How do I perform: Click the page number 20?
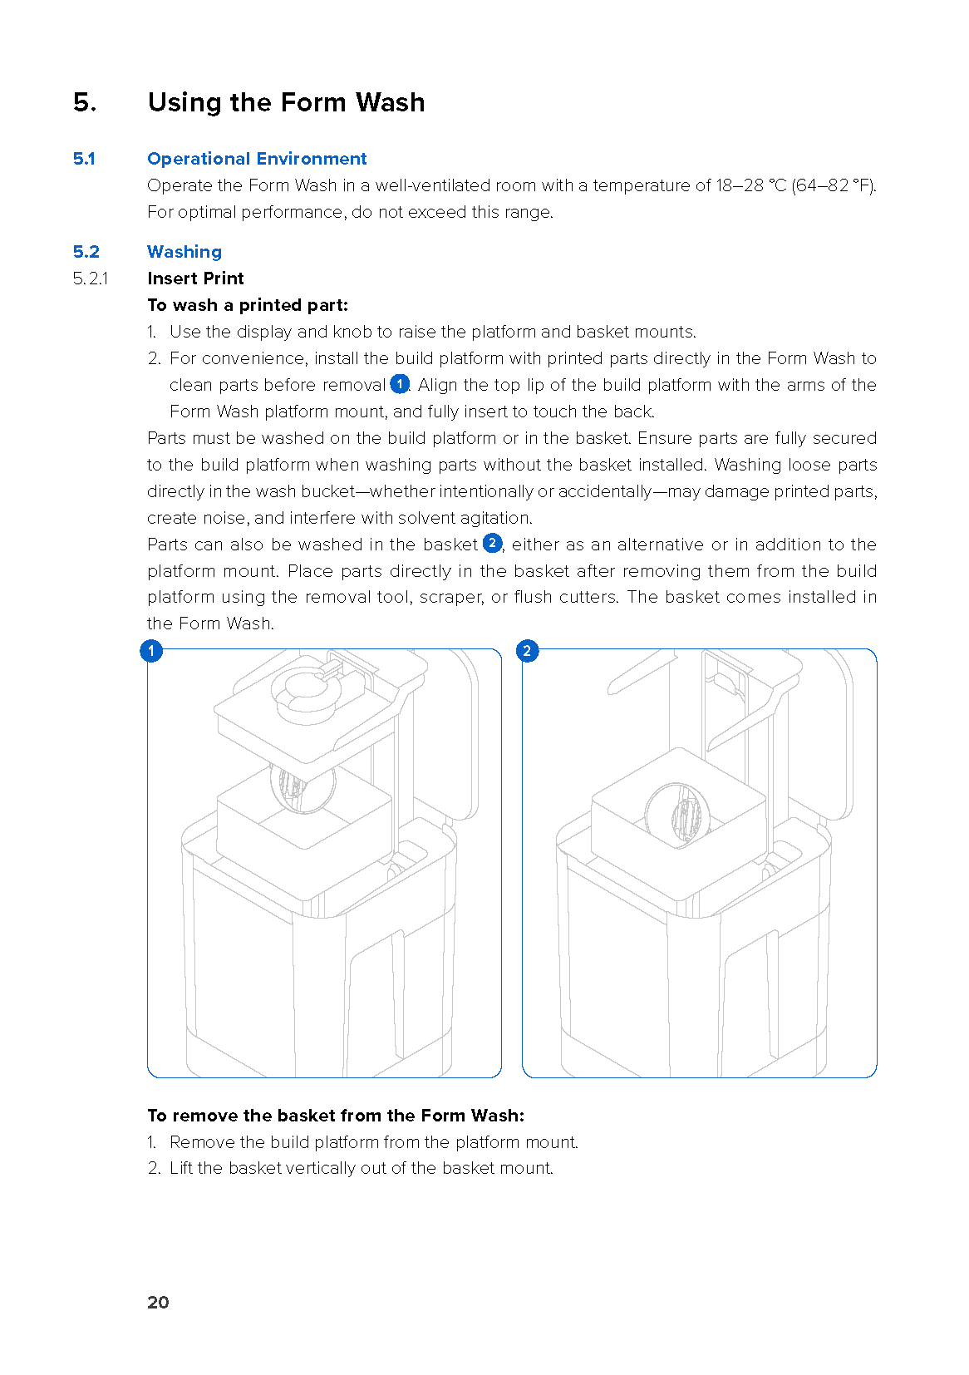[x=158, y=1303]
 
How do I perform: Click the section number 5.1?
[x=84, y=159]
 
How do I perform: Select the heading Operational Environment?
[x=257, y=159]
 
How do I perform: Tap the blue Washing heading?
[x=184, y=252]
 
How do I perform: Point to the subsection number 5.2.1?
[x=91, y=278]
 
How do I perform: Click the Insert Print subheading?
[x=195, y=278]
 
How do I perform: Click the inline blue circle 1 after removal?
[x=400, y=384]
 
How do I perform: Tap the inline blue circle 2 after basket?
[x=493, y=544]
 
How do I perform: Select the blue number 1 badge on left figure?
[x=151, y=651]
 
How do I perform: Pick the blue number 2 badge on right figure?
[x=527, y=651]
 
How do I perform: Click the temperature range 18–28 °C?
[x=750, y=185]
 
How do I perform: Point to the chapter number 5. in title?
[x=85, y=102]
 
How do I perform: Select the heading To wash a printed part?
[x=248, y=305]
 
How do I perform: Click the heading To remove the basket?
[x=336, y=1116]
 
